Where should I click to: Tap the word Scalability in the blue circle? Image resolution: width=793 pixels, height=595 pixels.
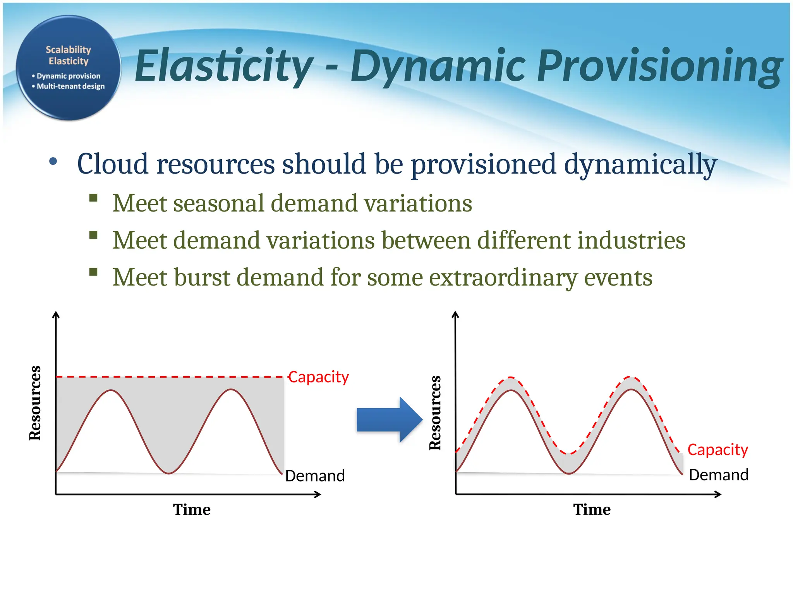(x=68, y=50)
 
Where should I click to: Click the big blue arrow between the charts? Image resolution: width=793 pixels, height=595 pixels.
(x=389, y=420)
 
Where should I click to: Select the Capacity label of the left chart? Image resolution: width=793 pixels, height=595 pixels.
(x=318, y=377)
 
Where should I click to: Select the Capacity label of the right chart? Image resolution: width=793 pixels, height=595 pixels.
(x=717, y=450)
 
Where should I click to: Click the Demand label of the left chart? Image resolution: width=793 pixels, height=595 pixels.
(x=315, y=476)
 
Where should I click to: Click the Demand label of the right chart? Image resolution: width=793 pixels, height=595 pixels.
(x=719, y=475)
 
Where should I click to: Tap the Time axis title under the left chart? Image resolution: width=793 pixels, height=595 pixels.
(x=192, y=509)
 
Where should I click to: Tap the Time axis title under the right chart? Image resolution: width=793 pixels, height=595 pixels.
(x=592, y=509)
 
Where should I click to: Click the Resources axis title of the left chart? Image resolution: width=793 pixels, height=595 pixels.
(x=35, y=403)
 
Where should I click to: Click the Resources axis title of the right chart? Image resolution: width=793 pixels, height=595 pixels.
(x=435, y=413)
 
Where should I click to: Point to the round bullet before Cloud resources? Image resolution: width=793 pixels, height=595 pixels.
(x=53, y=162)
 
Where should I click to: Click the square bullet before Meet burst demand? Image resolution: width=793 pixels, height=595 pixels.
(x=93, y=272)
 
